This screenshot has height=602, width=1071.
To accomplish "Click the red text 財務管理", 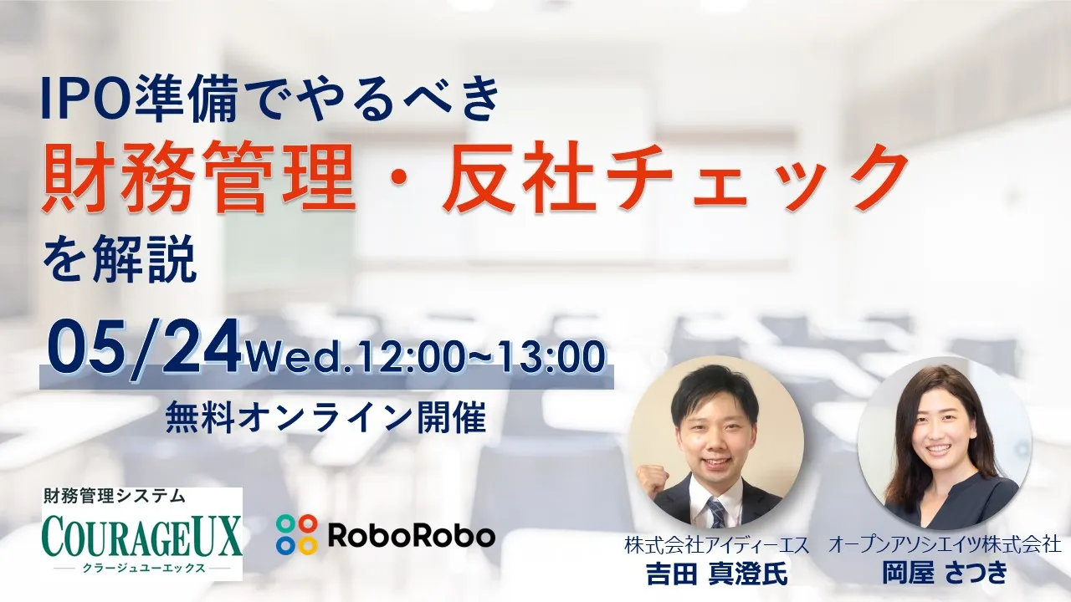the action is (x=199, y=177).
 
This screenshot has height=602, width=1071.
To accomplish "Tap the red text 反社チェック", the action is (x=674, y=177).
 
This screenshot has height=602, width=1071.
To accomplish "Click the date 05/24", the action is (x=143, y=347).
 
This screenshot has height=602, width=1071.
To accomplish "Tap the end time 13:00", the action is (x=551, y=356).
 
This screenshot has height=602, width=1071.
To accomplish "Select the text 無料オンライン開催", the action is (x=325, y=416).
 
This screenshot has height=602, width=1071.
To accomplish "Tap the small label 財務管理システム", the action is (x=114, y=497).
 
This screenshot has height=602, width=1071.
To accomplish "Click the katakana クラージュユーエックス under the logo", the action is (x=143, y=569).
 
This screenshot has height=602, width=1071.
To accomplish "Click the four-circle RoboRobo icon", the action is (x=296, y=534).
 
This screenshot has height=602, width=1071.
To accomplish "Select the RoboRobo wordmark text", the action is (x=411, y=536).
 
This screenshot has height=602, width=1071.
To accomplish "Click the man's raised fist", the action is (x=652, y=479).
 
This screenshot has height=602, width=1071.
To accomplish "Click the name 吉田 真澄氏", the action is (x=716, y=574).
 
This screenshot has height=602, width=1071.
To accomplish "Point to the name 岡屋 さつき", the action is (x=945, y=572).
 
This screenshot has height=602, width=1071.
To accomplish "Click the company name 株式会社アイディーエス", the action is (x=716, y=545).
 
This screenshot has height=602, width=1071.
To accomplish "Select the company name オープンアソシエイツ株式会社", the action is (x=945, y=544).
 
